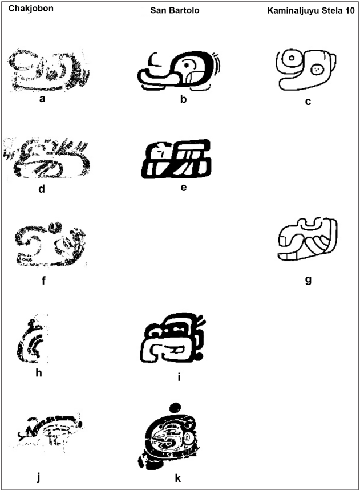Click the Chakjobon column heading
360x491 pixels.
(x=31, y=9)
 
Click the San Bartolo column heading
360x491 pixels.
(x=175, y=10)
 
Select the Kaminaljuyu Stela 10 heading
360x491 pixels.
(x=311, y=11)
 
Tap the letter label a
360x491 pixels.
(x=42, y=99)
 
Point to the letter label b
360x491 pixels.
(x=183, y=99)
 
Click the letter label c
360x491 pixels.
(x=308, y=102)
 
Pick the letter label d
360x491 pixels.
(x=42, y=189)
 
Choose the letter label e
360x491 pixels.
(x=184, y=187)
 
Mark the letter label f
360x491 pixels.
(x=43, y=280)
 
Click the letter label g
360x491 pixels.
(x=308, y=279)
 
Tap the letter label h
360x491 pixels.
(x=39, y=372)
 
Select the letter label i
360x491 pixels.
(x=179, y=377)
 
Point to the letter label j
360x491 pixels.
(x=39, y=477)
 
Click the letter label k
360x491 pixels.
(x=178, y=478)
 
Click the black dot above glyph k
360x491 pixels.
(x=175, y=408)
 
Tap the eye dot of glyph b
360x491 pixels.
(x=187, y=65)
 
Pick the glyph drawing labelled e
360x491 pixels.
(x=176, y=159)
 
